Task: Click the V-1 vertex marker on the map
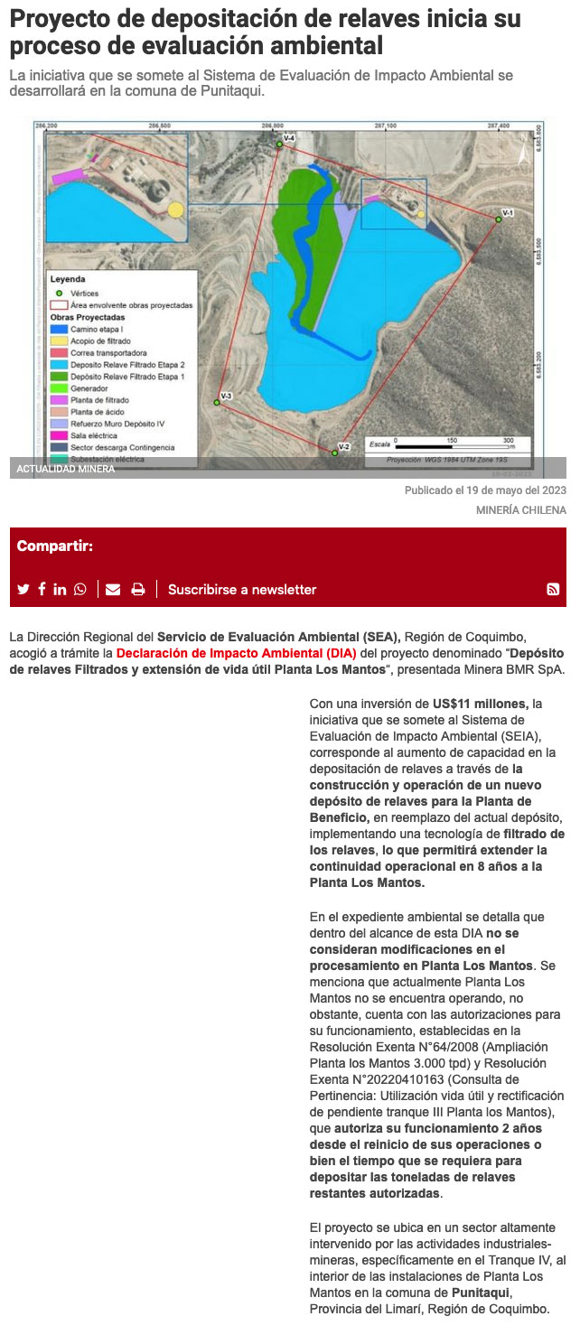coord(498,219)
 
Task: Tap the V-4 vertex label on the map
coord(290,136)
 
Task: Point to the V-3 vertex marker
coord(217,402)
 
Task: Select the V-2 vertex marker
coord(335,452)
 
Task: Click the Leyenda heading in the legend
coord(68,280)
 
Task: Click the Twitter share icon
coord(23,589)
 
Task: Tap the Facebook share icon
coord(42,589)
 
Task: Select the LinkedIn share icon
coord(60,589)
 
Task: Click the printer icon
coord(138,589)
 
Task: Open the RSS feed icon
coord(553,589)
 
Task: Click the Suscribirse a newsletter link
coord(242,589)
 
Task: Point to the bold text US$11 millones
coord(480,703)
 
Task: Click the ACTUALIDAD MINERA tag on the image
coord(66,469)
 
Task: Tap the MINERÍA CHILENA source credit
coord(521,510)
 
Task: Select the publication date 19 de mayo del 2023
coord(514,490)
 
